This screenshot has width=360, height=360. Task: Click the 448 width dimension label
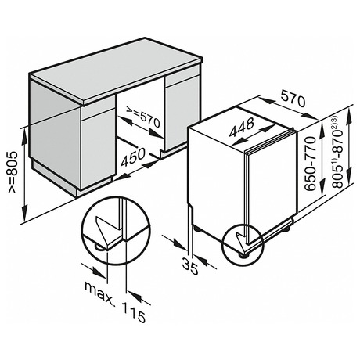click(241, 127)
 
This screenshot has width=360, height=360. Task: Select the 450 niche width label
click(132, 157)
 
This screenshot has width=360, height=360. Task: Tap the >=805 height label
click(13, 172)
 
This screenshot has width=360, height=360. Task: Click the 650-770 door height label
click(310, 164)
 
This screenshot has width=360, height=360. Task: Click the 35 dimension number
click(190, 266)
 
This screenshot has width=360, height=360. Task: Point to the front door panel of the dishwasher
click(272, 182)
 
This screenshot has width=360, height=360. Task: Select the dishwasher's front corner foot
click(244, 254)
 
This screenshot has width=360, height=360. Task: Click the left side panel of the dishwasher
click(217, 182)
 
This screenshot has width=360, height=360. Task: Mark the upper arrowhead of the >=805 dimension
click(24, 135)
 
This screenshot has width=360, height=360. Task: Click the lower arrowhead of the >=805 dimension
click(24, 213)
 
